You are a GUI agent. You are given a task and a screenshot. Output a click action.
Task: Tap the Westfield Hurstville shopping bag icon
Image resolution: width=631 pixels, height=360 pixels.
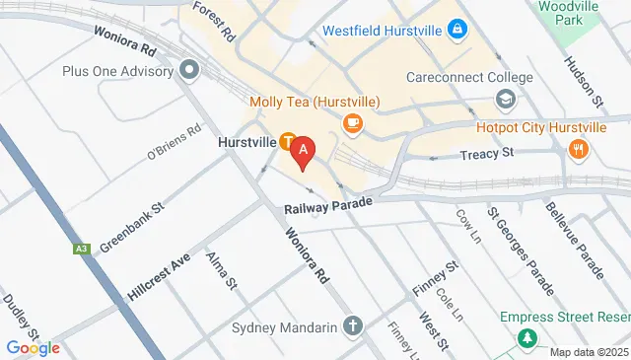pos(456,31)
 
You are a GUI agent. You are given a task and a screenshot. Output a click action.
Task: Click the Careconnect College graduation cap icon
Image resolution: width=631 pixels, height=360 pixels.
pos(505,100)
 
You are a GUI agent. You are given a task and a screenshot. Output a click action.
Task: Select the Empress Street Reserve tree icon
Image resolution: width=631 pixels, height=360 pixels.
pos(528,338)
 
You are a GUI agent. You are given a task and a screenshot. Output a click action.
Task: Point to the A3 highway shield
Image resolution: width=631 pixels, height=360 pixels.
pos(82,250)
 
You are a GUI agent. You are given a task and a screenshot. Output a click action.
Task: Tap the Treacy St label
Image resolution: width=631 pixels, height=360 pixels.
pos(487,154)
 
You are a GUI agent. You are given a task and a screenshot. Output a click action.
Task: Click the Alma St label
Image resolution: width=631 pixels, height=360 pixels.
pos(222,270)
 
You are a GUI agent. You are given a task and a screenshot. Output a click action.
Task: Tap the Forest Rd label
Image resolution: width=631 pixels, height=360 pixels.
pos(214,20)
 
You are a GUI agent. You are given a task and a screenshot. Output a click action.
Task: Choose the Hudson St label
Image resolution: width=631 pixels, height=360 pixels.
pos(583,80)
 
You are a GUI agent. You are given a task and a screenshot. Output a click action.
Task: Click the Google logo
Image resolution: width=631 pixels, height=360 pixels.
pos(33,347)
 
